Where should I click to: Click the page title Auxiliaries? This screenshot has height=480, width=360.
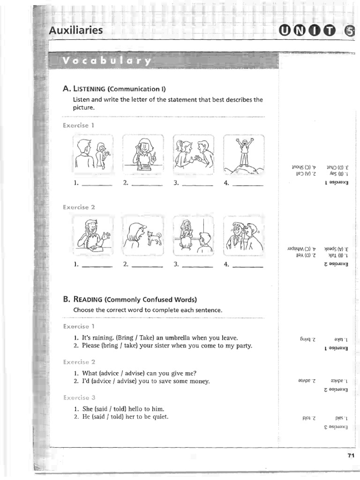click(x=76, y=31)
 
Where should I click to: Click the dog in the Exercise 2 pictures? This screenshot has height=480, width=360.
click(x=154, y=238)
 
